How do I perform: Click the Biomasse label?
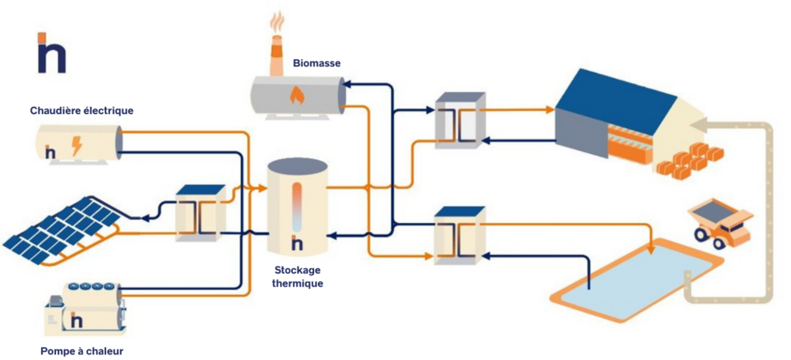coord(316,63)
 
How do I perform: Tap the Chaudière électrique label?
coord(81,111)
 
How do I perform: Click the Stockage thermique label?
coord(297,277)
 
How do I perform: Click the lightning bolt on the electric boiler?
coord(77,146)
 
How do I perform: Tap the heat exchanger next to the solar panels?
coord(200,213)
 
